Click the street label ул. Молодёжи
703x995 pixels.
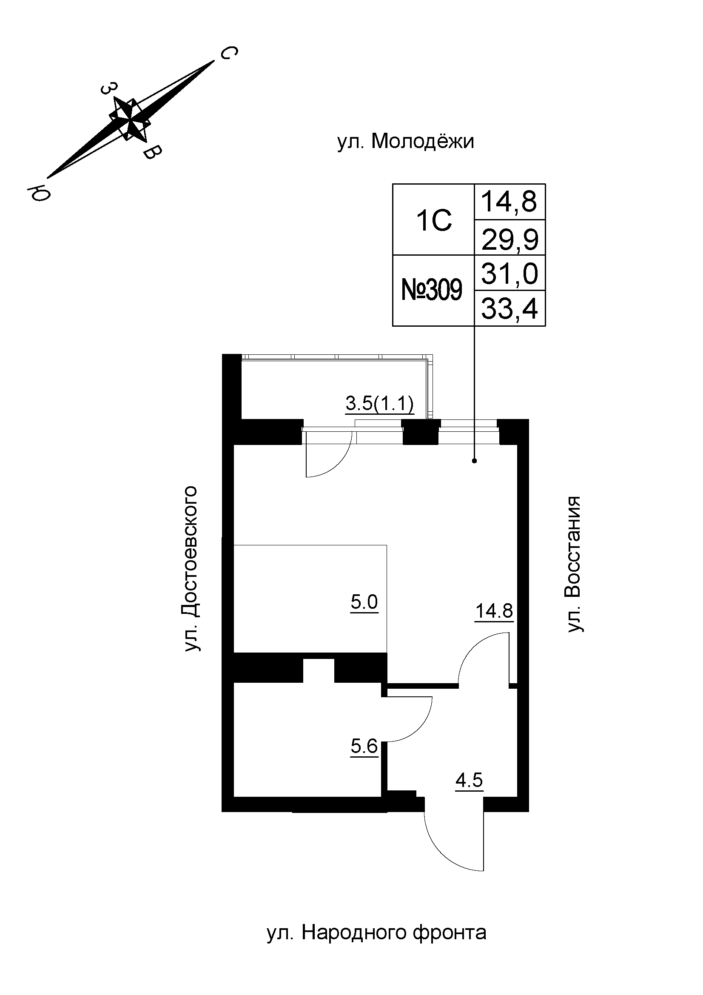pyautogui.click(x=405, y=142)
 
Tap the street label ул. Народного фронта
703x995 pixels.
pyautogui.click(x=376, y=933)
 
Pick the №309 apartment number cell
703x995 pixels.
pyautogui.click(x=432, y=290)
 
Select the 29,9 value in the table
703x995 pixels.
pyautogui.click(x=509, y=239)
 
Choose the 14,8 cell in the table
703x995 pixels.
pyautogui.click(x=509, y=202)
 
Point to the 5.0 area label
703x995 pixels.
pyautogui.click(x=364, y=602)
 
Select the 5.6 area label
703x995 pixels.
pyautogui.click(x=364, y=747)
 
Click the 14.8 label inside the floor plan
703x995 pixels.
pyautogui.click(x=494, y=611)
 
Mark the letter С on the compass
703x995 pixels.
pyautogui.click(x=228, y=54)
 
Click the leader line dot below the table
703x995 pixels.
pyautogui.click(x=474, y=461)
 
